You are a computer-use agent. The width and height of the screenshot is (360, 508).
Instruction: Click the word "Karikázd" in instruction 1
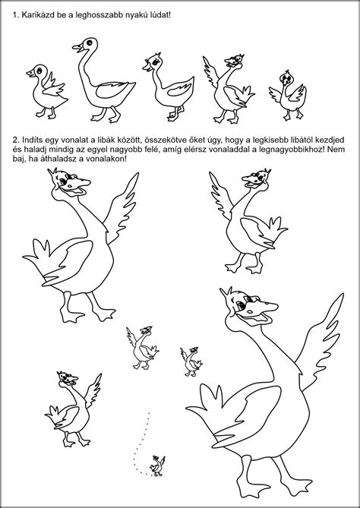(35, 15)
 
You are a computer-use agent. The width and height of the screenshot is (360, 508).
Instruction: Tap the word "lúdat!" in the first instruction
(161, 15)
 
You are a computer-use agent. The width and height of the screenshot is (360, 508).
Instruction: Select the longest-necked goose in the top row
(104, 80)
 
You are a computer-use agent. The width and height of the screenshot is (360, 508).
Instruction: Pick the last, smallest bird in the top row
(288, 96)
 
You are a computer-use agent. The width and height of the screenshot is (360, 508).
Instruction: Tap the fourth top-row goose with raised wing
(229, 89)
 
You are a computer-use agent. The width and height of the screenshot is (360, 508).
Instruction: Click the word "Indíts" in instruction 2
(30, 140)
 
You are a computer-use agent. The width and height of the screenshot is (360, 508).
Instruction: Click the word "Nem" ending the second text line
(338, 150)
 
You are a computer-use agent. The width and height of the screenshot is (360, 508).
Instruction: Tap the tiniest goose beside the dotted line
(158, 466)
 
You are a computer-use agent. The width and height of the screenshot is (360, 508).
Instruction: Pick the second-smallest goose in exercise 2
(191, 362)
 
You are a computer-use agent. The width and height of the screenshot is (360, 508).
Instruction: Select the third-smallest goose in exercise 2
(143, 349)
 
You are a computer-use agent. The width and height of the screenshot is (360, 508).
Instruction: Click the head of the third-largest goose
(255, 179)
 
